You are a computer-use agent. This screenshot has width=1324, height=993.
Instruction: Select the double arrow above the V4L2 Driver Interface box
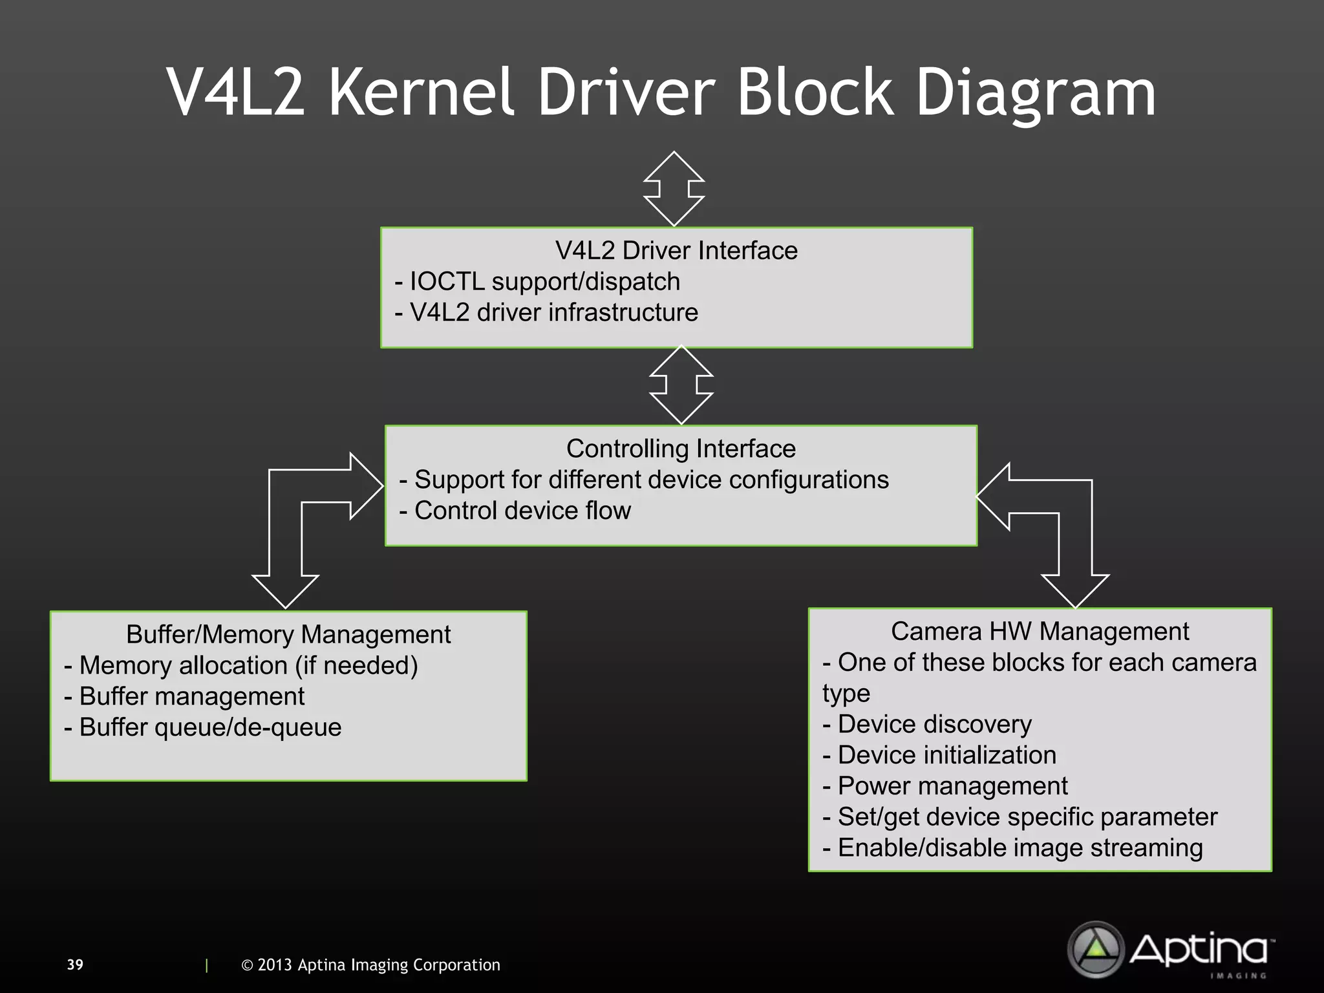[x=674, y=189]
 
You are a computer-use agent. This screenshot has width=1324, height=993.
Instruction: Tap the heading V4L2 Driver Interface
[x=676, y=251]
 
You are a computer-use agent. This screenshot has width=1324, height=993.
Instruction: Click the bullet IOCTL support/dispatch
[x=538, y=282]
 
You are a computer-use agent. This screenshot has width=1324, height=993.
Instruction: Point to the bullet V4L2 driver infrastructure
[x=547, y=313]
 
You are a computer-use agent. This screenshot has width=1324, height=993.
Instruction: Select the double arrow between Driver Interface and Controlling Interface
[x=681, y=385]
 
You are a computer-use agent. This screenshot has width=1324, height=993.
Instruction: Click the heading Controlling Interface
[x=681, y=449]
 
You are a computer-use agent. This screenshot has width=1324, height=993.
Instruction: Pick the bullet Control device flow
[x=515, y=511]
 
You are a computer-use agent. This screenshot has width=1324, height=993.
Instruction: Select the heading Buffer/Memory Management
[x=288, y=635]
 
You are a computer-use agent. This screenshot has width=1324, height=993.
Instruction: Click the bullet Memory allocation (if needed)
[x=241, y=666]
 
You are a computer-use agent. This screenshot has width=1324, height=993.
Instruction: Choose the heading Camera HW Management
[x=1040, y=632]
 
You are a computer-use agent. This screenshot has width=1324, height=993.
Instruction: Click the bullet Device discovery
[x=927, y=725]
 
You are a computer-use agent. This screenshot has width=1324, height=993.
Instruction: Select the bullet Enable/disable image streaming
[x=1013, y=848]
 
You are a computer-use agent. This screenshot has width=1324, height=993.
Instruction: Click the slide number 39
[x=75, y=965]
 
